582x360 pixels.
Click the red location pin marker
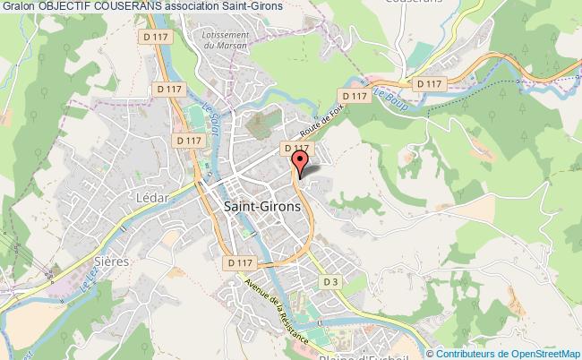click(300, 162)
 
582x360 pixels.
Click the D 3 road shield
click(331, 283)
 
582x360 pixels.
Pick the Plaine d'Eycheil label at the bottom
click(357, 353)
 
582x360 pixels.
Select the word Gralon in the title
click(18, 6)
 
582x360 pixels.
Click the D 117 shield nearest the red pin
click(295, 149)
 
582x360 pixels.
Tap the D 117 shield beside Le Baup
click(355, 96)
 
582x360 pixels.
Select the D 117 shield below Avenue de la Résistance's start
click(241, 262)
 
